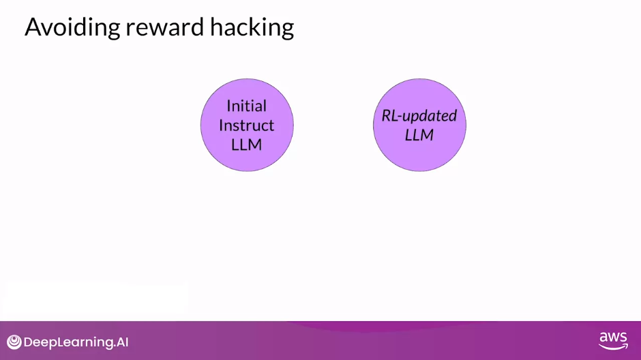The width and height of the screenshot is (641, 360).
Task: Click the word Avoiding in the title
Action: [x=72, y=27]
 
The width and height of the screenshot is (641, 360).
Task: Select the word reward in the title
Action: [x=165, y=27]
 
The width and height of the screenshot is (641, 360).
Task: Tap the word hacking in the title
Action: [x=252, y=27]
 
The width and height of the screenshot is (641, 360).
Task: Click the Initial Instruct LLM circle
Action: [x=247, y=125]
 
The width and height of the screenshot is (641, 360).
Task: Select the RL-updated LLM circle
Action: [x=419, y=125]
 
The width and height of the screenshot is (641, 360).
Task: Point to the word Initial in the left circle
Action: [x=246, y=106]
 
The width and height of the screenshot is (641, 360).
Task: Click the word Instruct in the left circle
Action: [x=246, y=125]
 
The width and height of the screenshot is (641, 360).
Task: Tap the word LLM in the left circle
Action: [x=246, y=145]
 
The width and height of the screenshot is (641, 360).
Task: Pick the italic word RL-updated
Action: [x=419, y=116]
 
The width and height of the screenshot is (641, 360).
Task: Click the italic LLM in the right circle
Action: [x=419, y=135]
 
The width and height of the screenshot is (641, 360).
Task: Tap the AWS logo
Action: [x=613, y=341]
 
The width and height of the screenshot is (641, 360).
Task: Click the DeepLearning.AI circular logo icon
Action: [x=14, y=342]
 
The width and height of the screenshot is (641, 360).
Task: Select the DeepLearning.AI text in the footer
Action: [x=76, y=342]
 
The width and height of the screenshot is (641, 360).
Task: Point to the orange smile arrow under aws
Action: [x=613, y=347]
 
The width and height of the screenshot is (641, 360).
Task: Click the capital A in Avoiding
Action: [x=32, y=27]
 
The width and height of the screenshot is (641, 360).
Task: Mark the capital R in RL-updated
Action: [x=387, y=116]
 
